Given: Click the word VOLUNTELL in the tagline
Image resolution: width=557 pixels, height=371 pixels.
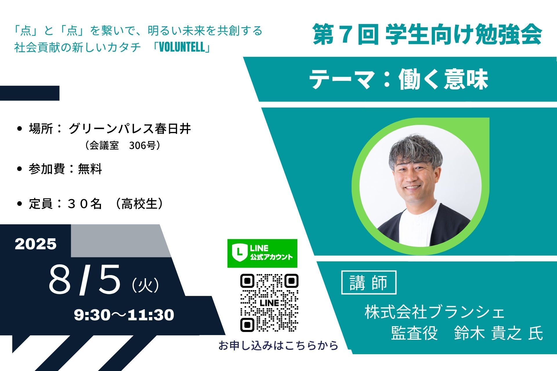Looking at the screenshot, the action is [182, 47].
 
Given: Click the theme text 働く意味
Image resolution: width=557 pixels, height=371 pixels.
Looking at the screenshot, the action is [443, 79].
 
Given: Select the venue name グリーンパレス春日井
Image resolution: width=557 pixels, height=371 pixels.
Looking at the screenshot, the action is [130, 129].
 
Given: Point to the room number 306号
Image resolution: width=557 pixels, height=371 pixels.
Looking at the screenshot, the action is [142, 145].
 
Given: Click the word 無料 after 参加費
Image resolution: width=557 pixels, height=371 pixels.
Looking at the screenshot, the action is [90, 169].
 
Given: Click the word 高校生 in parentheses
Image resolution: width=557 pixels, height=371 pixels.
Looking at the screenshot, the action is [139, 204].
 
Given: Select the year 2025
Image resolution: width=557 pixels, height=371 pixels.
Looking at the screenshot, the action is [36, 244].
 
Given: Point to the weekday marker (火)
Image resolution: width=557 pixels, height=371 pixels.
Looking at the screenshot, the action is [145, 285].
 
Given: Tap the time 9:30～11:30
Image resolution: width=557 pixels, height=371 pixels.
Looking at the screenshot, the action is [124, 315].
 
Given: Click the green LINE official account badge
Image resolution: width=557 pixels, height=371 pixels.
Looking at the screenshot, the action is [262, 253].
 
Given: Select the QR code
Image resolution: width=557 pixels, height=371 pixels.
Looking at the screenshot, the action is [269, 303].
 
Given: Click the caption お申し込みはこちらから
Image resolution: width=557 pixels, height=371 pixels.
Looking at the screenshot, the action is [278, 345].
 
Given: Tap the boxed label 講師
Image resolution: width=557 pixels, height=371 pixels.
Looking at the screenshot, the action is [369, 282].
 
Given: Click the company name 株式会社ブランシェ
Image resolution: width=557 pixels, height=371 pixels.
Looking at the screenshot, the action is [435, 312].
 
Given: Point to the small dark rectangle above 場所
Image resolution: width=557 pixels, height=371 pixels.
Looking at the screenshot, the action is [30, 93].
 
